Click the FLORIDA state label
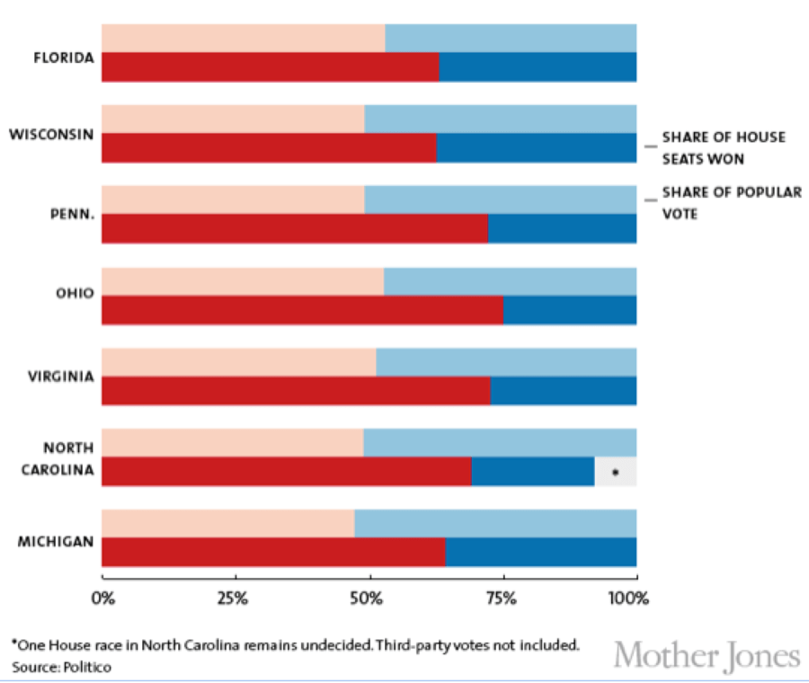click(x=63, y=58)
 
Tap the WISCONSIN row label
click(x=51, y=135)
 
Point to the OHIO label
click(x=75, y=295)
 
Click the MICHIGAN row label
click(x=57, y=541)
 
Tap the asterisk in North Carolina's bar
click(x=615, y=472)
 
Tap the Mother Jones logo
click(x=707, y=655)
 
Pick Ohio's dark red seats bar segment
click(x=302, y=310)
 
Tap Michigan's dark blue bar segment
click(x=541, y=552)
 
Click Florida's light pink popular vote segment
click(x=243, y=39)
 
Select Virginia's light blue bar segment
click(x=506, y=362)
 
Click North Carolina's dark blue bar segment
click(x=533, y=472)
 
